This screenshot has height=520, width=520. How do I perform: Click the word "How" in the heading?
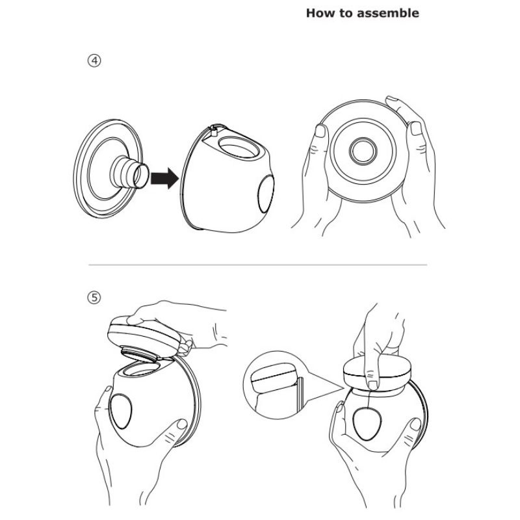(x=320, y=13)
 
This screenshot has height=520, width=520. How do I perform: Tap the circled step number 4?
(x=95, y=61)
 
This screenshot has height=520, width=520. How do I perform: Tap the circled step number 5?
(x=95, y=298)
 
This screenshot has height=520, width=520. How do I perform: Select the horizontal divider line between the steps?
(x=258, y=265)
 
